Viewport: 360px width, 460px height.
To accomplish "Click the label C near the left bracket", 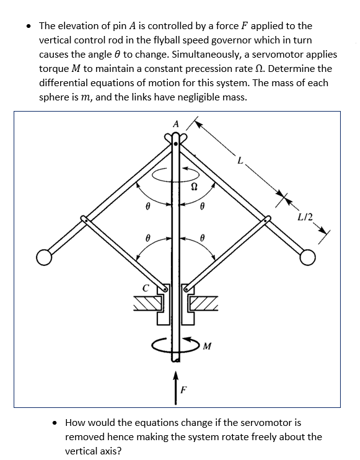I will pyautogui.click(x=146, y=288).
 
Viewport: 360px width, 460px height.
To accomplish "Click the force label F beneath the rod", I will pyautogui.click(x=183, y=391).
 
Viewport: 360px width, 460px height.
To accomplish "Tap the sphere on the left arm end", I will pyautogui.click(x=43, y=256).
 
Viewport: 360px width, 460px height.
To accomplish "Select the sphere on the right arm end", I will pyautogui.click(x=308, y=256).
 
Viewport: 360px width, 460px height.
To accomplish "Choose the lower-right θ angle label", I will pyautogui.click(x=203, y=237).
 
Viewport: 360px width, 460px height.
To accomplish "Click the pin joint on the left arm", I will pyautogui.click(x=83, y=218).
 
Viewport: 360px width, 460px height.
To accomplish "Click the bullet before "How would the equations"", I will pyautogui.click(x=56, y=423).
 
